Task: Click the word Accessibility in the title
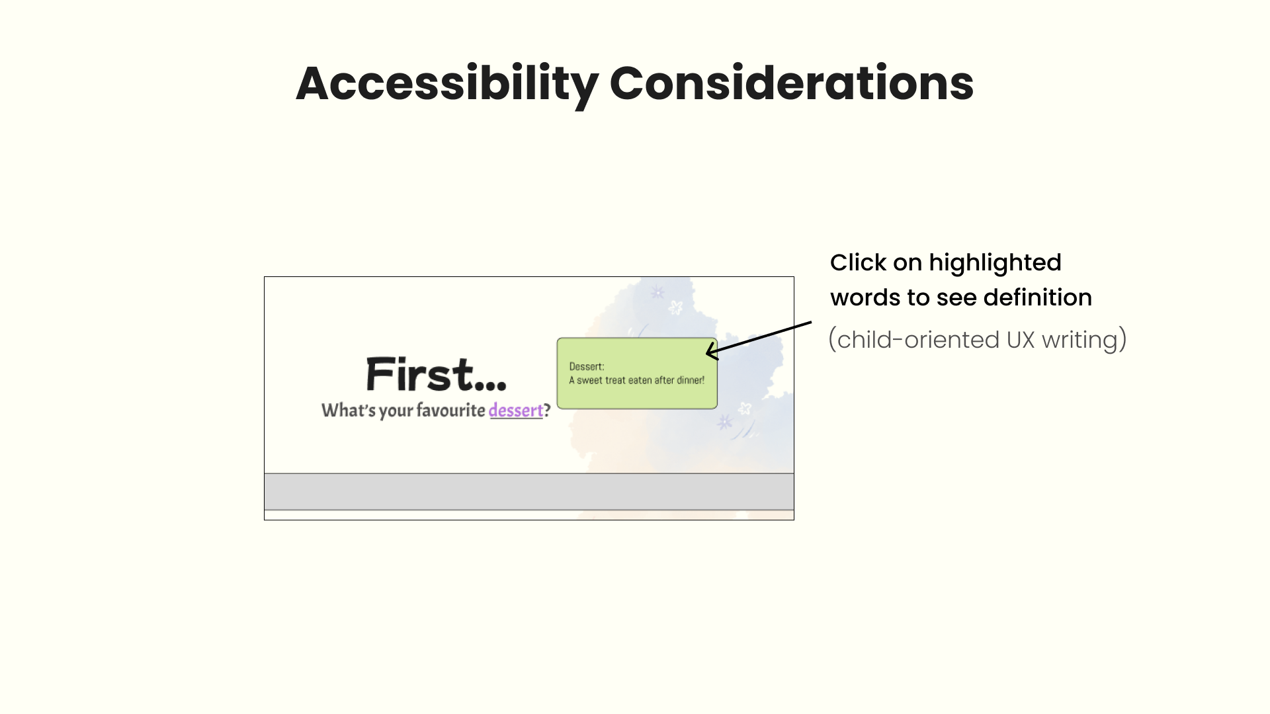(x=446, y=84)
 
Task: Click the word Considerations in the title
(x=791, y=84)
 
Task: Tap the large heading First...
(x=436, y=374)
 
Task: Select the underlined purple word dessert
(x=516, y=411)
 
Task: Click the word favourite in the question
(x=450, y=411)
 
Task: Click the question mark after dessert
(x=547, y=411)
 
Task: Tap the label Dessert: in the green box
(x=587, y=367)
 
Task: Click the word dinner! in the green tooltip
(x=691, y=380)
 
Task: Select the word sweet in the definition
(x=589, y=380)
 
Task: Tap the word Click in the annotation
(x=859, y=263)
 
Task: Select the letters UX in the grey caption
(x=1021, y=340)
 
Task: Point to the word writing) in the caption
(x=1084, y=340)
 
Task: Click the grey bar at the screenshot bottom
(x=529, y=491)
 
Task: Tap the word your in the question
(x=396, y=411)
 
